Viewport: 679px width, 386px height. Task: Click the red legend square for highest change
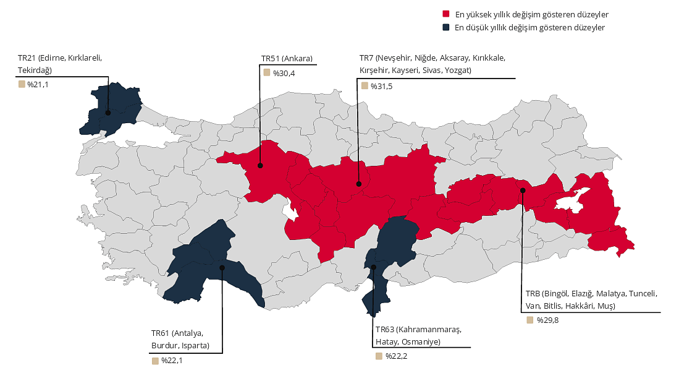point(446,14)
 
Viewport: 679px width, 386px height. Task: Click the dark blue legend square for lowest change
point(446,28)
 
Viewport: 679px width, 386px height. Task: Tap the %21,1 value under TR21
point(38,84)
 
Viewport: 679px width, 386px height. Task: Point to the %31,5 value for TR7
point(381,86)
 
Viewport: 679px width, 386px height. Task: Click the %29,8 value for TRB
point(547,320)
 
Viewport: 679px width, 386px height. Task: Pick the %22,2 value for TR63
point(396,356)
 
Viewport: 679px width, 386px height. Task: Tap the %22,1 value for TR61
point(172,361)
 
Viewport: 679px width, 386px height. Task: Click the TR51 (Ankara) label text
point(287,59)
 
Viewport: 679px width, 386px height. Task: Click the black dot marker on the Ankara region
point(260,166)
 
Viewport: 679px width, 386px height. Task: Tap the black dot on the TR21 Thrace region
point(108,113)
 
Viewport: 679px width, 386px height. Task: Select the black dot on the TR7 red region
point(358,184)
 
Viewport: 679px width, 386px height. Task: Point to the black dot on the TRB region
point(522,190)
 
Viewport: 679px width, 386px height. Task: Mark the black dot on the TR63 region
point(374,267)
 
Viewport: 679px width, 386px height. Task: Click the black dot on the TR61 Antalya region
point(222,267)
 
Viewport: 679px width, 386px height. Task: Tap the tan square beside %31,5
point(365,86)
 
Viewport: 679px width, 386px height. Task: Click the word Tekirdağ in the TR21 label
point(35,70)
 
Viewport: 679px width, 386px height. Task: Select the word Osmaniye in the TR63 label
point(420,341)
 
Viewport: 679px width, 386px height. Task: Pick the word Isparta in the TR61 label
point(194,345)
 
